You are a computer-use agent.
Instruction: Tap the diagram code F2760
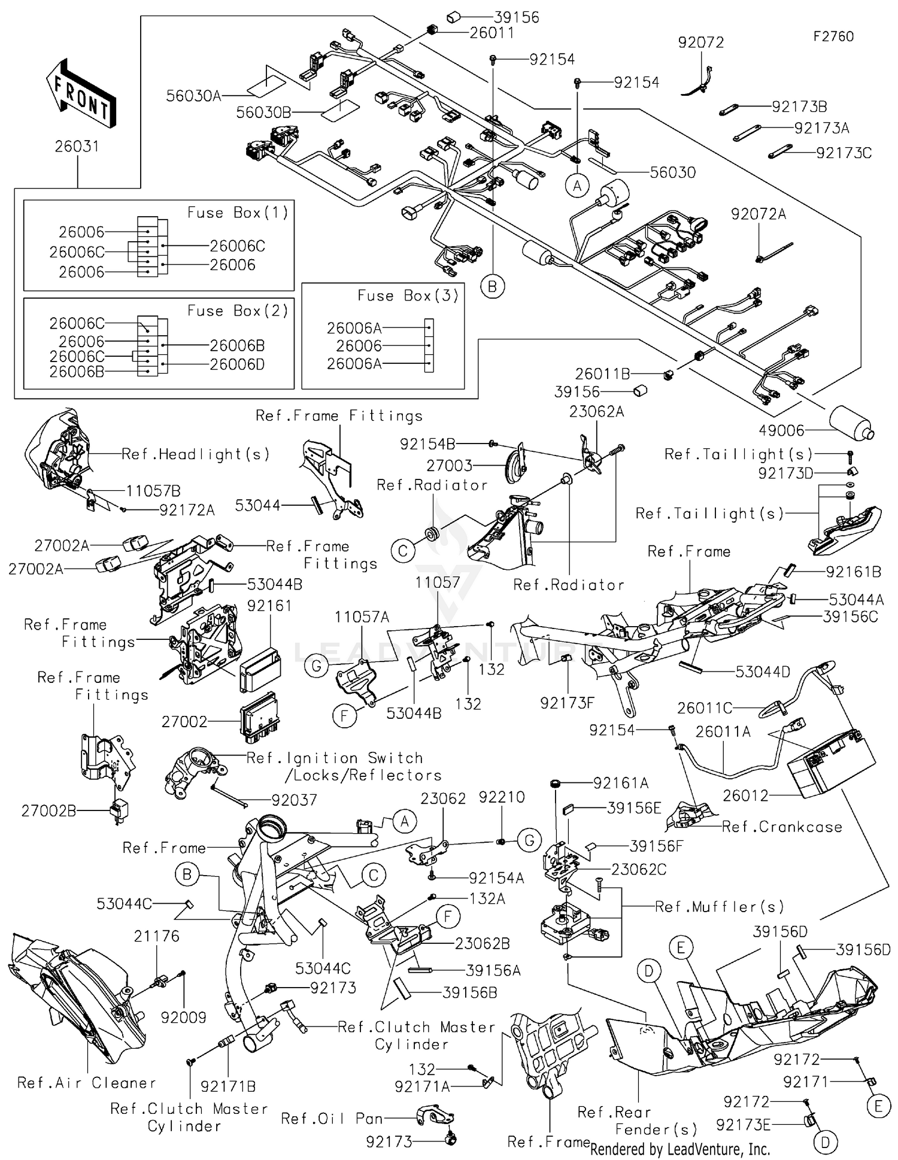pyautogui.click(x=833, y=37)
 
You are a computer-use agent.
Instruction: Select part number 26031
pyautogui.click(x=77, y=146)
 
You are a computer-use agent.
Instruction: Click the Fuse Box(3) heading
pyautogui.click(x=408, y=296)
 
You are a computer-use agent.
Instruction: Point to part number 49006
pyautogui.click(x=781, y=430)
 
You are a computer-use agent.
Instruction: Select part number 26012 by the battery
pyautogui.click(x=745, y=795)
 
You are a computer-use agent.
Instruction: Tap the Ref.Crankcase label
pyautogui.click(x=782, y=827)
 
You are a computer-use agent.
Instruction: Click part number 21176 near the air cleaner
pyautogui.click(x=156, y=936)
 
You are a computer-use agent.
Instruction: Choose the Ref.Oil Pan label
pyautogui.click(x=332, y=1118)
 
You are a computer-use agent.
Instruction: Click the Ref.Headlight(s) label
pyautogui.click(x=195, y=454)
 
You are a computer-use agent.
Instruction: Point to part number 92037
pyautogui.click(x=294, y=800)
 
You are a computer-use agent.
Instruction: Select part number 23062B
pyautogui.click(x=482, y=943)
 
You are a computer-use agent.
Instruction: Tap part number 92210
pyautogui.click(x=502, y=797)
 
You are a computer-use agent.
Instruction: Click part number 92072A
pyautogui.click(x=758, y=214)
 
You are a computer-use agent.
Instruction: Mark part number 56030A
pyautogui.click(x=193, y=96)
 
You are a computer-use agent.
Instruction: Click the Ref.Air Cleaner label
pyautogui.click(x=87, y=1082)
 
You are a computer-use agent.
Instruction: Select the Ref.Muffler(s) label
pyautogui.click(x=719, y=907)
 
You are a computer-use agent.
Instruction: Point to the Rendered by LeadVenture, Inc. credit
pyautogui.click(x=679, y=1149)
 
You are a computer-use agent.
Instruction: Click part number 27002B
pyautogui.click(x=48, y=811)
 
